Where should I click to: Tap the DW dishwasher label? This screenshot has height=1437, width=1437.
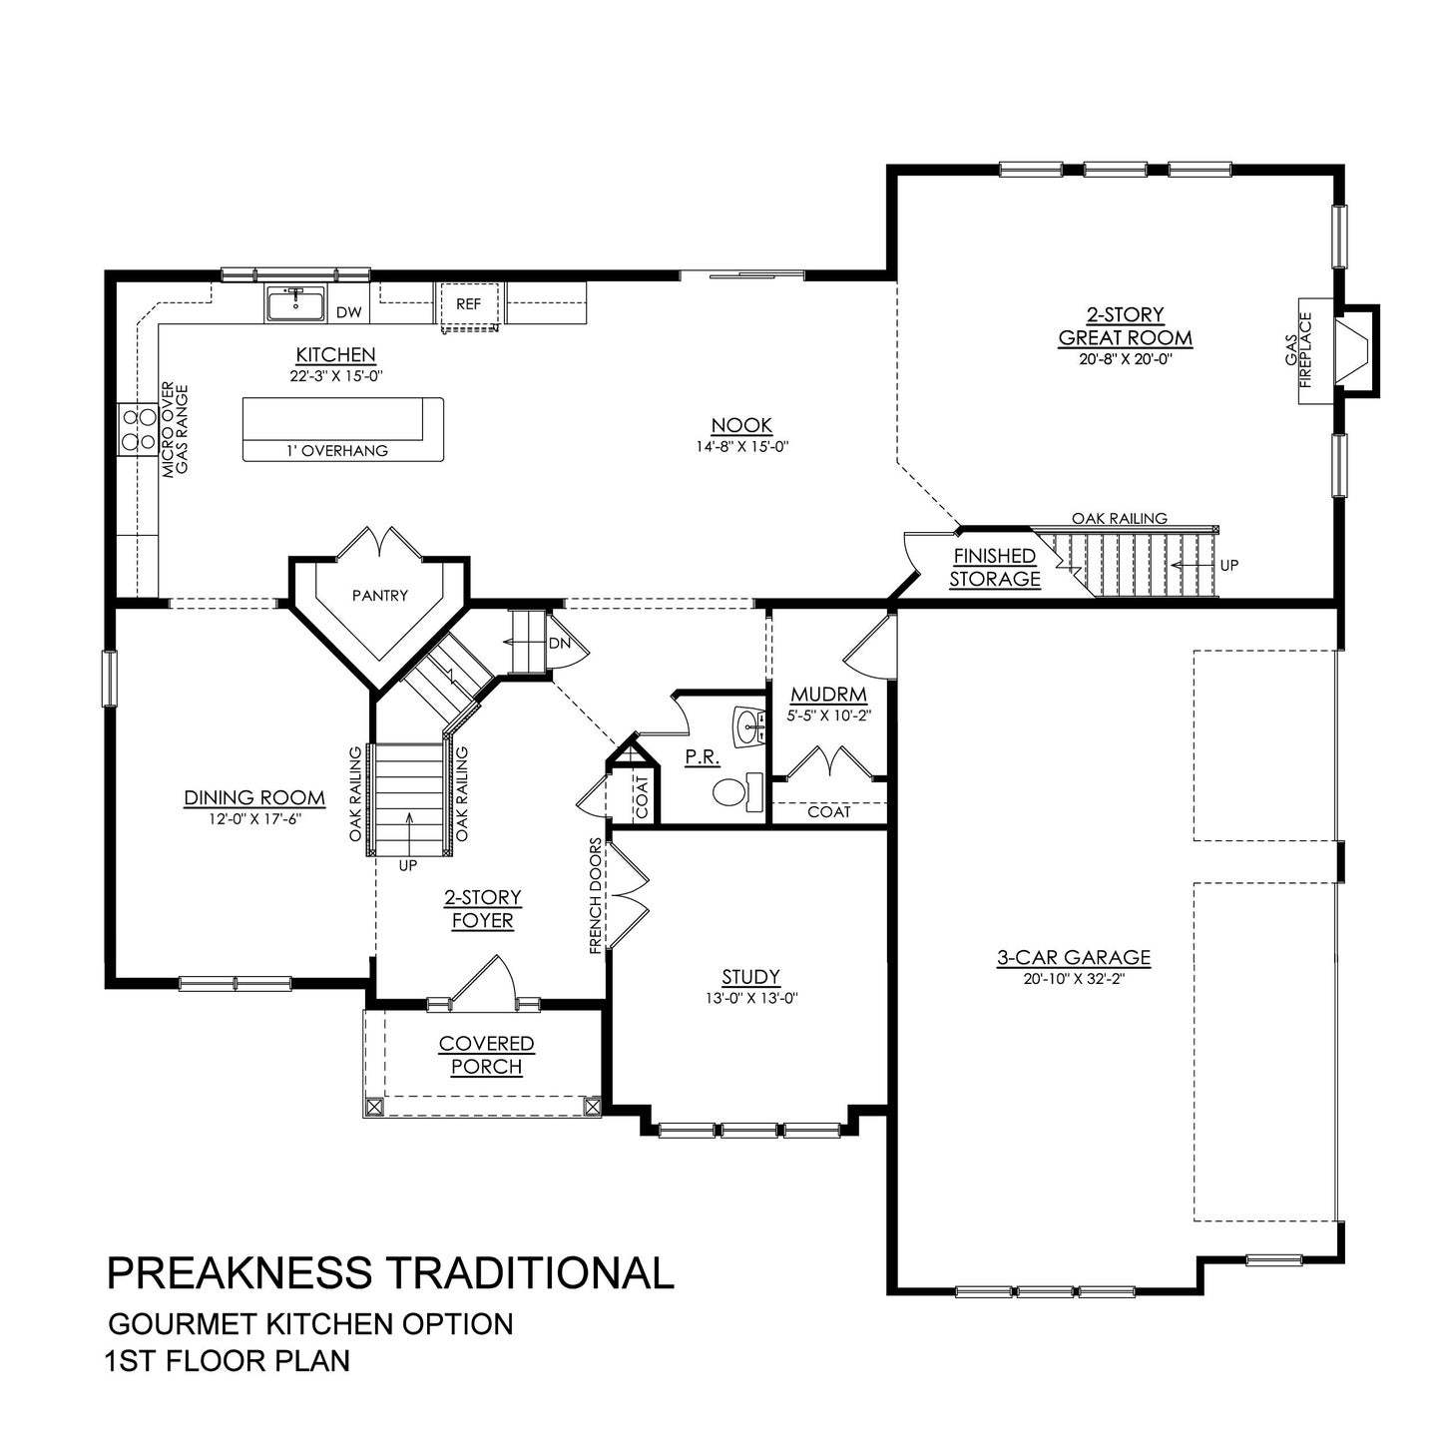tap(348, 312)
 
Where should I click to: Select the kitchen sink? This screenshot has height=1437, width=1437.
tap(294, 303)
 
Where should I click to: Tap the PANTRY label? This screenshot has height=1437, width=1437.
tap(380, 596)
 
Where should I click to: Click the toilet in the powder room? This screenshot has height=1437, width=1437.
tap(731, 793)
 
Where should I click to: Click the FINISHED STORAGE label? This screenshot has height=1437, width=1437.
tap(994, 567)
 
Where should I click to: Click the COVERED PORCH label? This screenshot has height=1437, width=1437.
tap(487, 1055)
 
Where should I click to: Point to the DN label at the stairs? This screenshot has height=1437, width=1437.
tap(559, 643)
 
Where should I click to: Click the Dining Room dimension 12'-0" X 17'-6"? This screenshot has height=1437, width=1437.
tap(254, 818)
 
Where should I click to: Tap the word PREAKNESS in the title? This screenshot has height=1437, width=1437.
tap(239, 1273)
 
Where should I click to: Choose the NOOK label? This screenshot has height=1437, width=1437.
tap(742, 426)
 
